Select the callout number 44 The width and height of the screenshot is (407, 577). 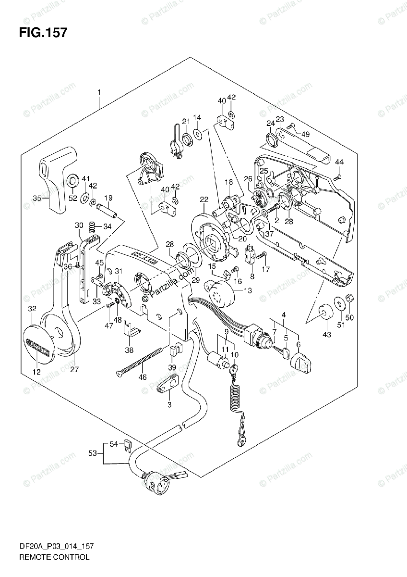[339, 162]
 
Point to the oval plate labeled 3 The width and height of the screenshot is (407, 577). [168, 384]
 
